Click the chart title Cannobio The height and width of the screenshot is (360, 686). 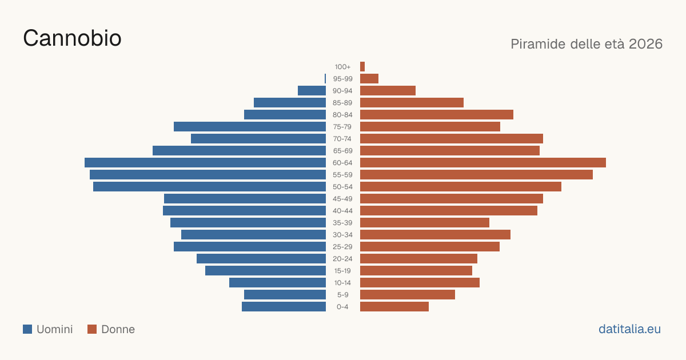click(x=72, y=38)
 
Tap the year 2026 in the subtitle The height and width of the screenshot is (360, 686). click(x=645, y=44)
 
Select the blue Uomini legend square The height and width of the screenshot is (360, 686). click(x=27, y=329)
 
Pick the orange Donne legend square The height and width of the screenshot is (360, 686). click(x=92, y=329)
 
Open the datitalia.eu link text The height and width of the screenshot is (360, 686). click(x=629, y=329)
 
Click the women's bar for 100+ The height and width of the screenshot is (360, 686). click(x=362, y=66)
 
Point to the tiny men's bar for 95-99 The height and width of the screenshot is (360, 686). click(x=325, y=79)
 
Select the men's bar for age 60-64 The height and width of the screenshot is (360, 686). click(x=205, y=162)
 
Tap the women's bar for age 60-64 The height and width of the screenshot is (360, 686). click(x=483, y=162)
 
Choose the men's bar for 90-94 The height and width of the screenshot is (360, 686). click(x=312, y=91)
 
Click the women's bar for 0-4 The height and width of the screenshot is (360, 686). click(x=394, y=307)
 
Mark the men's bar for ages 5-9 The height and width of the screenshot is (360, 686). click(x=285, y=294)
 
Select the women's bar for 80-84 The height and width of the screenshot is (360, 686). click(x=437, y=114)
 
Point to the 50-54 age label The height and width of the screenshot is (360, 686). click(x=342, y=187)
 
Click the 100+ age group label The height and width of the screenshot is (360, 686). click(x=342, y=67)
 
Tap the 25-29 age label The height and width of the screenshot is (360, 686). click(x=342, y=247)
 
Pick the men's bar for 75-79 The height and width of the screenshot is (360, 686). click(x=250, y=126)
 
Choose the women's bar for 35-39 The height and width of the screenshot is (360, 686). click(x=425, y=222)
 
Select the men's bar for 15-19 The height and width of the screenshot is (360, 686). click(x=265, y=271)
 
